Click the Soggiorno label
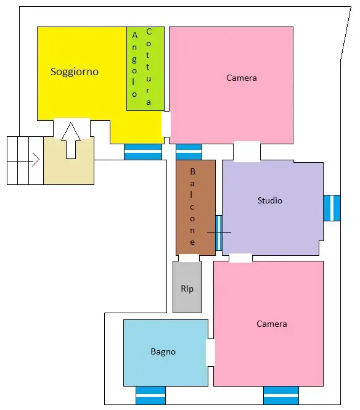[75, 72]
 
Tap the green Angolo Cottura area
[145, 68]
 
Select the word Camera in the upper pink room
[241, 78]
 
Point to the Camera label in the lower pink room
[272, 324]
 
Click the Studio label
[270, 200]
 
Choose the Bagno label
[163, 351]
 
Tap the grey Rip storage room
[187, 287]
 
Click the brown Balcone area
[195, 208]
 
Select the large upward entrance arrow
[71, 141]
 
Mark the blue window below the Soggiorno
[143, 152]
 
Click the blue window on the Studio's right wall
[332, 208]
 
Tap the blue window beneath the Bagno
[150, 395]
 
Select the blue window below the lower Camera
[281, 395]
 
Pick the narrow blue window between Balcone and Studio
[219, 233]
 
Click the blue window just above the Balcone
[189, 152]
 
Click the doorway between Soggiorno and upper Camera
[166, 124]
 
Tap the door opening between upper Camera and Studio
[247, 152]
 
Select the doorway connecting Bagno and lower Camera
[210, 353]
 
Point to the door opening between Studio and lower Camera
[240, 258]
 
